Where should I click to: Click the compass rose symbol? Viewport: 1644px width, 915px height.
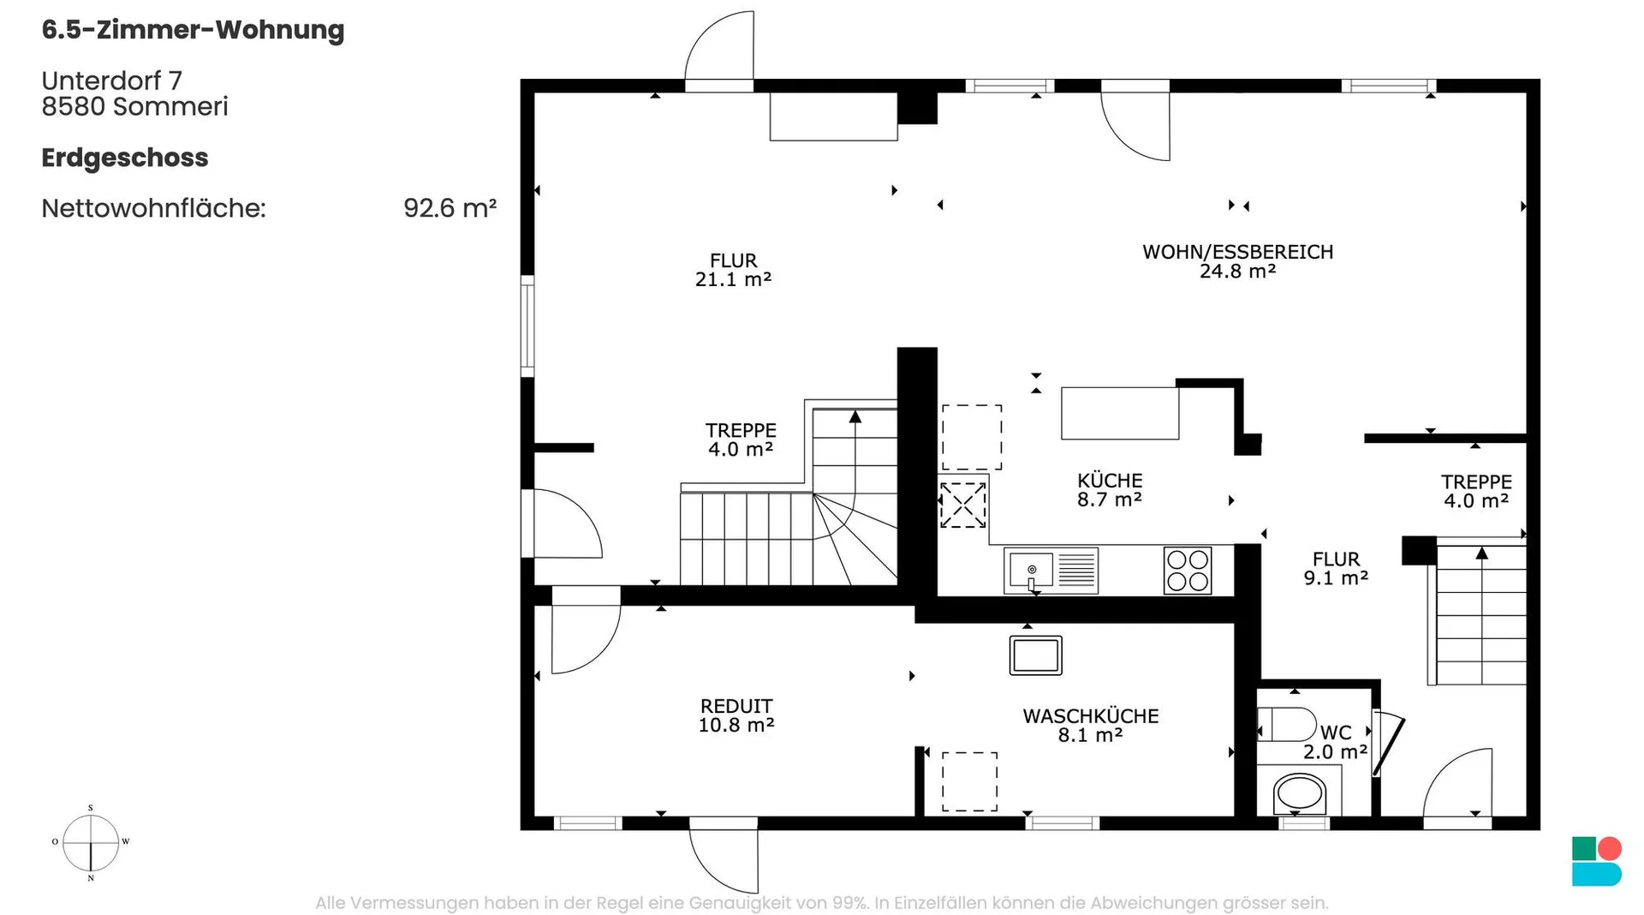click(x=91, y=842)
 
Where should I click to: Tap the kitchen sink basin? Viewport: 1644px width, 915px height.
click(x=1032, y=570)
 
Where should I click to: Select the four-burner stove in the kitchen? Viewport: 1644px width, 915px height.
click(x=1188, y=570)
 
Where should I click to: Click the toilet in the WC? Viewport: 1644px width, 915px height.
click(x=1286, y=724)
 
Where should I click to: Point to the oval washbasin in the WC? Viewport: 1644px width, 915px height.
click(x=1300, y=793)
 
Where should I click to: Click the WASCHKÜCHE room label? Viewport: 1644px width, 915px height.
click(x=1091, y=716)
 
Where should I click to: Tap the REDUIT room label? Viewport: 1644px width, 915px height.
click(x=736, y=706)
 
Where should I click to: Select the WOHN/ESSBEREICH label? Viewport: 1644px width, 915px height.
click(x=1238, y=252)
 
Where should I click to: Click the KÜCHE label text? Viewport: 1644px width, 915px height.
click(x=1110, y=481)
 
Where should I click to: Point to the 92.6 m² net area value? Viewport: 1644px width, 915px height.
click(x=450, y=208)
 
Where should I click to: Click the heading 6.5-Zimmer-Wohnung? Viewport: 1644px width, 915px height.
click(x=194, y=30)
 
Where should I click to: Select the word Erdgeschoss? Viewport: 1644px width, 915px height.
click(x=125, y=158)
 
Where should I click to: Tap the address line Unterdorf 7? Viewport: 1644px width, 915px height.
click(x=112, y=81)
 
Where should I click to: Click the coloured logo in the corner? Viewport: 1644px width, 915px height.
click(x=1597, y=861)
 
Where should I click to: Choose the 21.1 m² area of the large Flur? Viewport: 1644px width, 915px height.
click(x=734, y=279)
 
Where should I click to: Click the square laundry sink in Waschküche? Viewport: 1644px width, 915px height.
click(x=1036, y=655)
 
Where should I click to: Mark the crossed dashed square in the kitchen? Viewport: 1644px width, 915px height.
click(x=963, y=505)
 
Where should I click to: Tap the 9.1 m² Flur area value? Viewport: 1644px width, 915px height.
click(x=1336, y=578)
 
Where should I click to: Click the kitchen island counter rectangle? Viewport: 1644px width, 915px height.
click(x=1120, y=413)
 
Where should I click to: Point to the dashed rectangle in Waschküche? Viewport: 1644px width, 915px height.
click(x=970, y=781)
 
